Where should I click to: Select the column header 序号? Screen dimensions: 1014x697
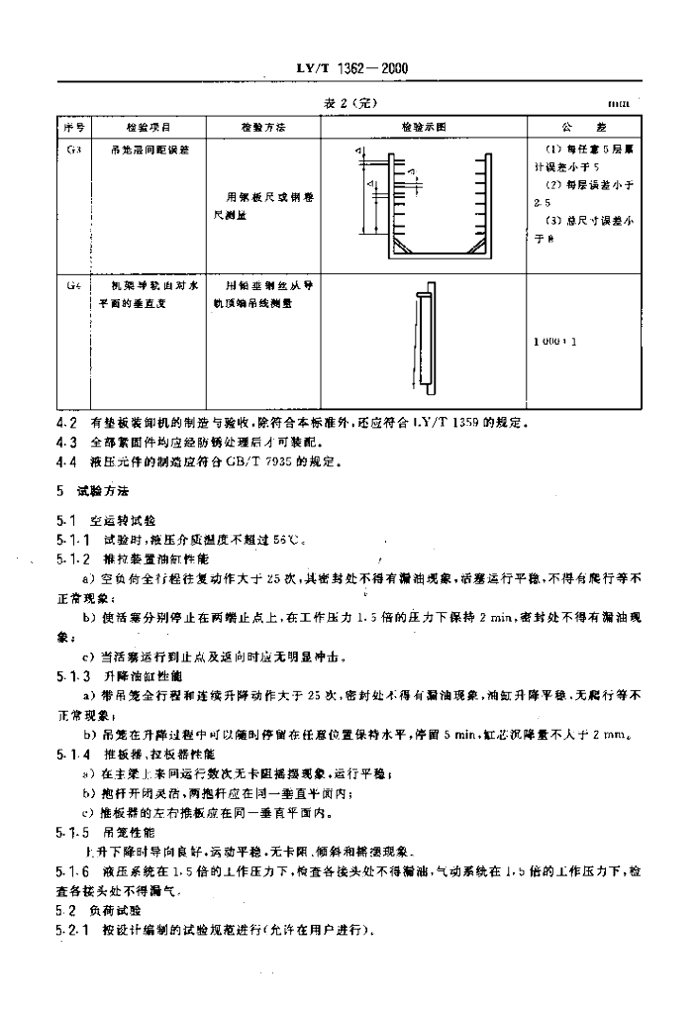75,128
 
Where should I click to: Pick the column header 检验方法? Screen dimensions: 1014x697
262,128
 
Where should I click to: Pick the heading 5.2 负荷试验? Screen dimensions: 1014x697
99,909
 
